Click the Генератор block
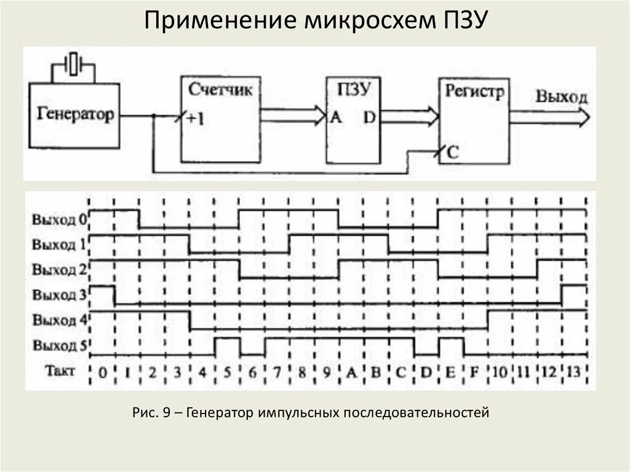pyautogui.click(x=76, y=115)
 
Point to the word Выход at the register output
pyautogui.click(x=561, y=97)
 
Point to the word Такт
pyautogui.click(x=60, y=371)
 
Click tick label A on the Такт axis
pyautogui.click(x=351, y=372)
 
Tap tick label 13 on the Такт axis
pyautogui.click(x=573, y=372)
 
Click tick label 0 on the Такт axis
pyautogui.click(x=102, y=372)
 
